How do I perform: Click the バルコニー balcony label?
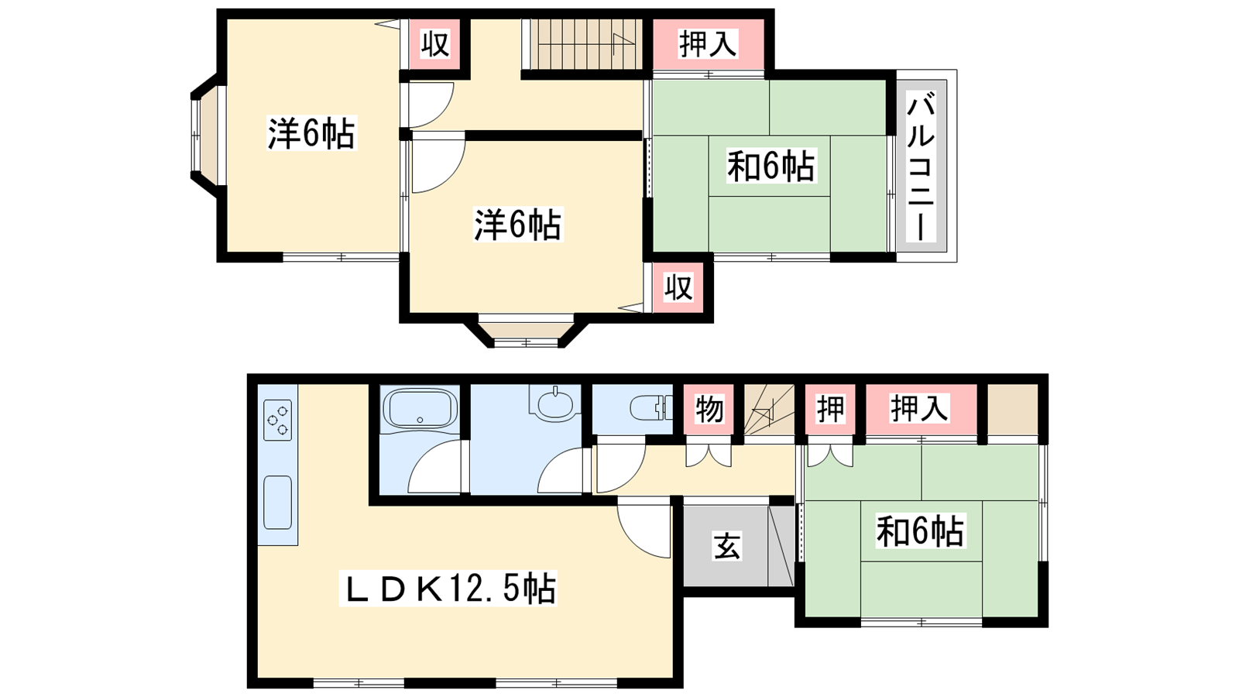(x=921, y=167)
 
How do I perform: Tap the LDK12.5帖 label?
(x=449, y=589)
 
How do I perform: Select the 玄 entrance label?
(x=726, y=545)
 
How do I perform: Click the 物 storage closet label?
(x=709, y=410)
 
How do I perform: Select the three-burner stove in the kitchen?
(x=278, y=420)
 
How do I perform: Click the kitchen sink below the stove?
(x=278, y=503)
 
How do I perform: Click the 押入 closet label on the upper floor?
(x=709, y=43)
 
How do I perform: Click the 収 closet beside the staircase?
(x=434, y=44)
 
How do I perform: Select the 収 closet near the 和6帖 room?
(x=678, y=288)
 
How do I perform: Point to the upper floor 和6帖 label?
(x=771, y=166)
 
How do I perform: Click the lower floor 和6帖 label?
(x=921, y=530)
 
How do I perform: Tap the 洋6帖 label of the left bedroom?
(x=311, y=133)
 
